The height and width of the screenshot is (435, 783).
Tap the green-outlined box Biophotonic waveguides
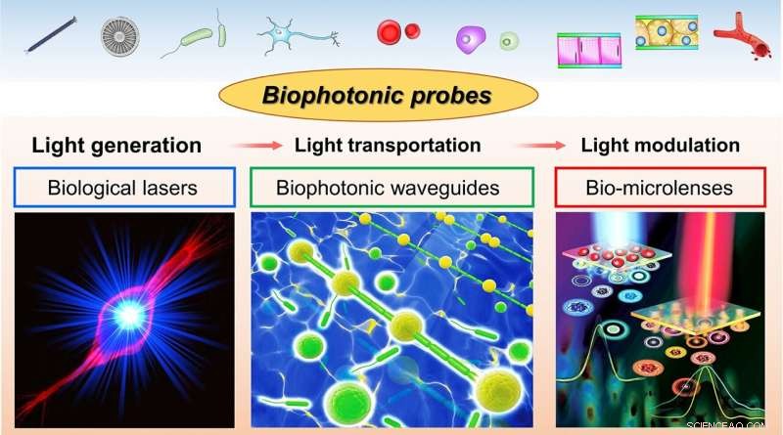coord(391,187)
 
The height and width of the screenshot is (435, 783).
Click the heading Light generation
coord(116,146)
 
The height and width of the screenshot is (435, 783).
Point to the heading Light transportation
coord(388,146)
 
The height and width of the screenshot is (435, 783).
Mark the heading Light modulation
coord(660,146)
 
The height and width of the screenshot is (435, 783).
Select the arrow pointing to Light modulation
coord(540,147)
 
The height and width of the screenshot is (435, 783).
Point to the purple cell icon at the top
coord(471,40)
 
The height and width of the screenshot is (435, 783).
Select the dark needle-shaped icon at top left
coord(46,37)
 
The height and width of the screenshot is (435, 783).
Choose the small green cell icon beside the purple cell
coord(509,41)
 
